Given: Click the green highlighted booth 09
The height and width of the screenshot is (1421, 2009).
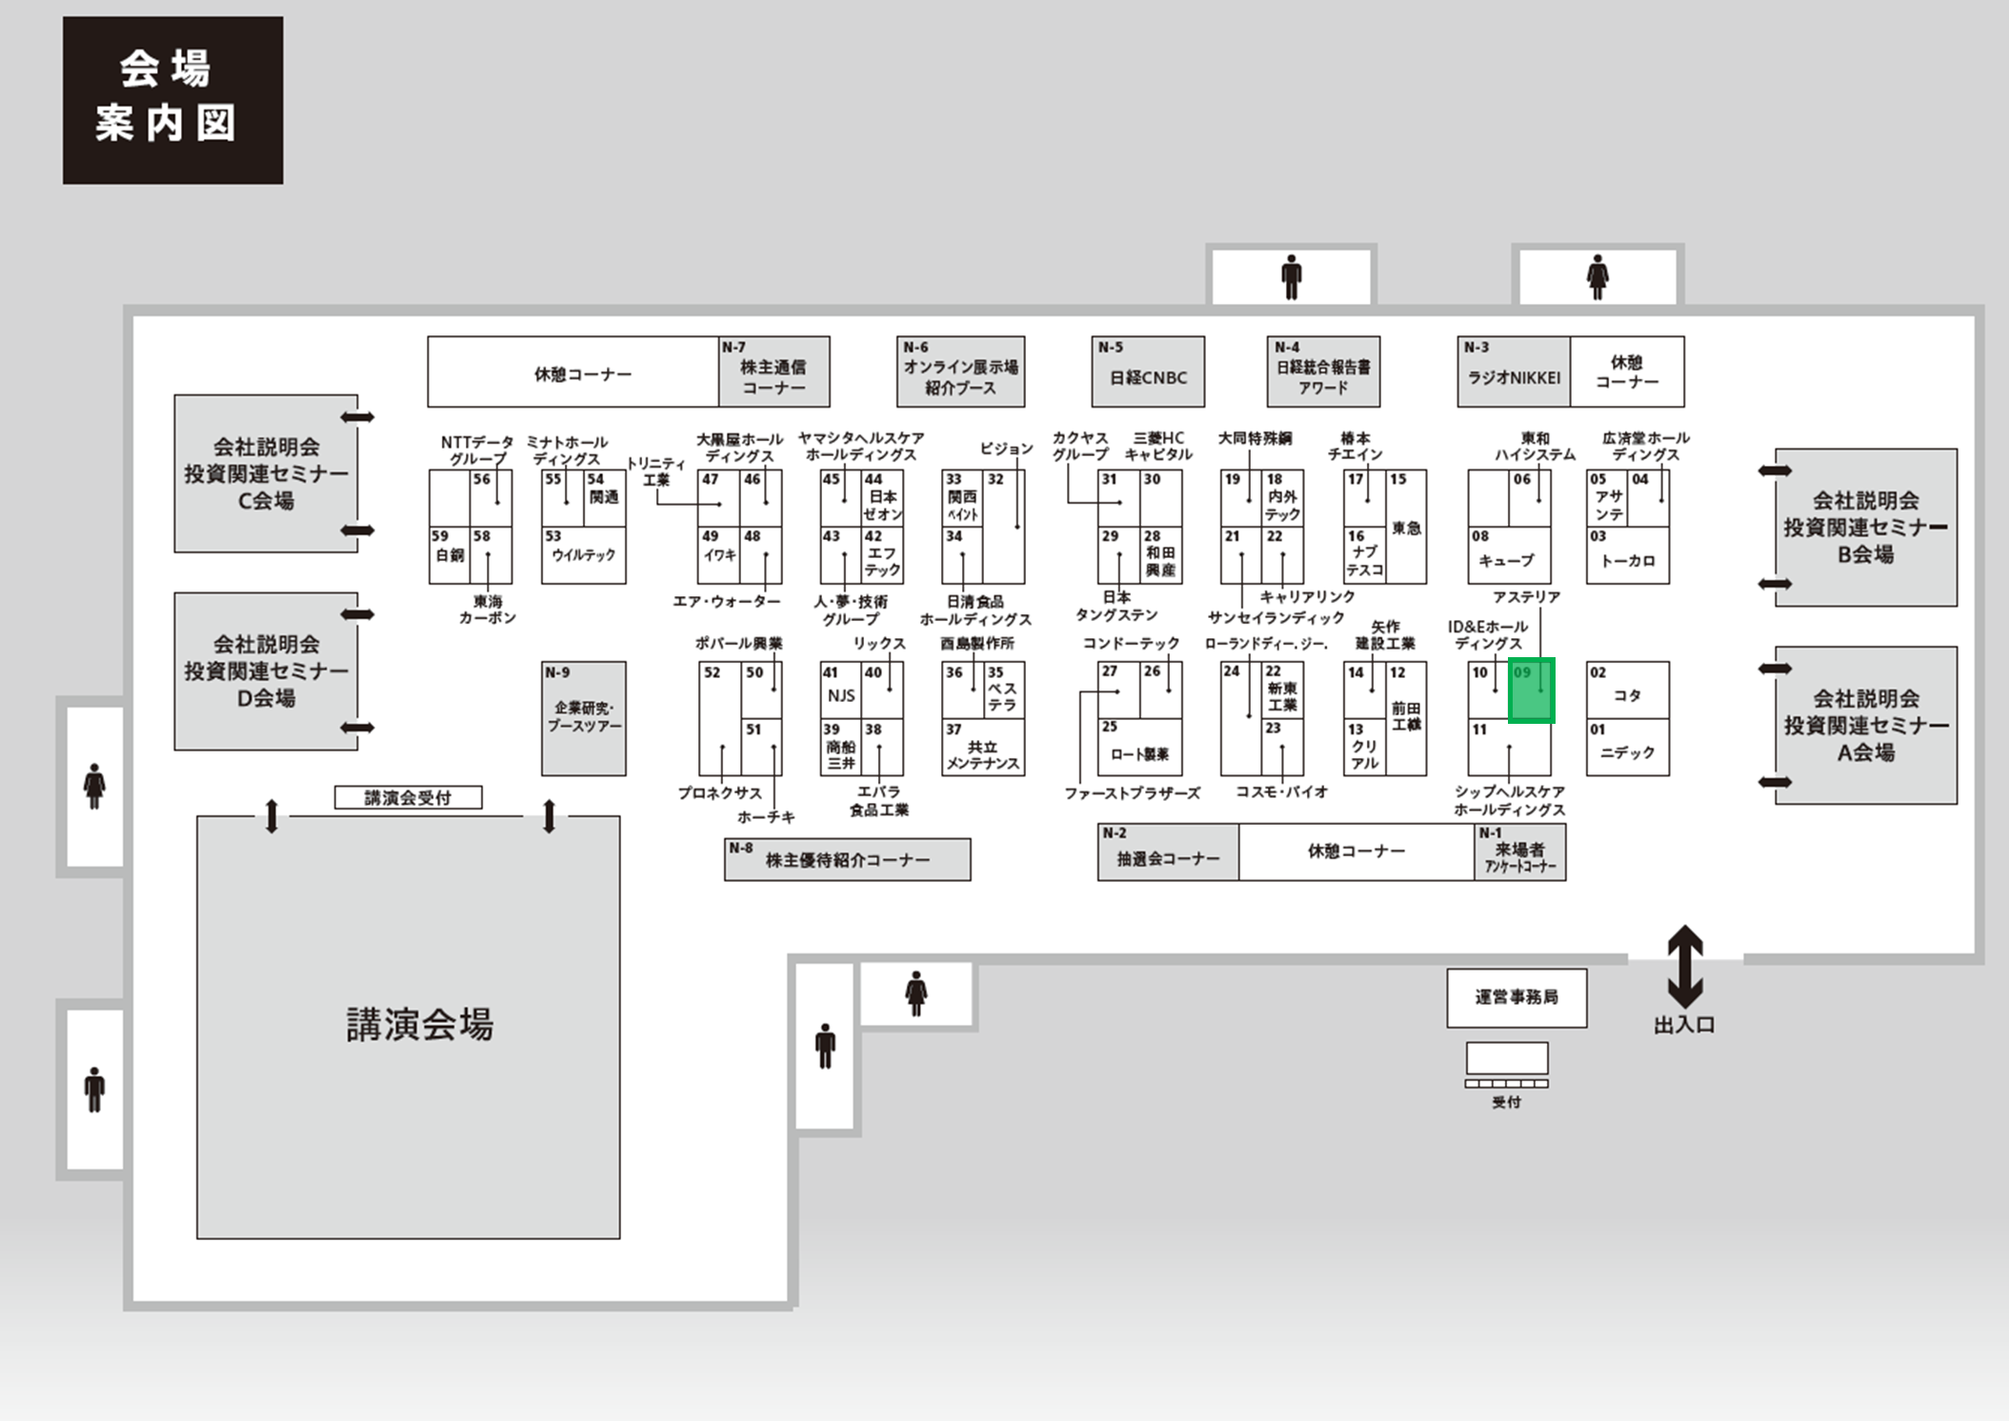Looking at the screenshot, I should pyautogui.click(x=1532, y=690).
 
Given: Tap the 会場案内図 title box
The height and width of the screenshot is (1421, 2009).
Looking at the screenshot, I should pyautogui.click(x=172, y=100).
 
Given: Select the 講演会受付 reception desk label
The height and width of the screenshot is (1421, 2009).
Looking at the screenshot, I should pyautogui.click(x=408, y=797).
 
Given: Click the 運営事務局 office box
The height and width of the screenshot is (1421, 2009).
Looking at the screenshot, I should pyautogui.click(x=1517, y=997).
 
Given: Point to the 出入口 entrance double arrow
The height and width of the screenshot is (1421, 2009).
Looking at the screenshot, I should pyautogui.click(x=1684, y=966).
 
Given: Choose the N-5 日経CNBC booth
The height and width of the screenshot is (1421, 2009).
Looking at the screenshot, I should pyautogui.click(x=1148, y=371).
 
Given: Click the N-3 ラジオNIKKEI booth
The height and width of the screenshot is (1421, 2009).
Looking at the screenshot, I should pyautogui.click(x=1513, y=371).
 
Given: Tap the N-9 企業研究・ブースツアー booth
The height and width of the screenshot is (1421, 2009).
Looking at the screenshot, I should pyautogui.click(x=584, y=718).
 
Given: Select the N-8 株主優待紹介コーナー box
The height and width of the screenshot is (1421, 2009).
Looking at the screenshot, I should pyautogui.click(x=847, y=859).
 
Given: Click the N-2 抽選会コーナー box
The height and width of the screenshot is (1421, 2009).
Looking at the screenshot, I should pyautogui.click(x=1168, y=852).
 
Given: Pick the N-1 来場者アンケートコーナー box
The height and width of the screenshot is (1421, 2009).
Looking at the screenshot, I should pyautogui.click(x=1519, y=852).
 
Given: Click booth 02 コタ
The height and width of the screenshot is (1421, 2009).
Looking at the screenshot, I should pyautogui.click(x=1627, y=690).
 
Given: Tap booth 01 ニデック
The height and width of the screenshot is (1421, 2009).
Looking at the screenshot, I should pyautogui.click(x=1627, y=748).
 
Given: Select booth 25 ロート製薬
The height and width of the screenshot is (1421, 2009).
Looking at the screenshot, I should pyautogui.click(x=1139, y=747).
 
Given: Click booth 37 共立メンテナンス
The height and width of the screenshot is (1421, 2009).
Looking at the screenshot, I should pyautogui.click(x=982, y=748).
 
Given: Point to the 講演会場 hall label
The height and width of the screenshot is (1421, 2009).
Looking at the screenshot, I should pyautogui.click(x=419, y=1025).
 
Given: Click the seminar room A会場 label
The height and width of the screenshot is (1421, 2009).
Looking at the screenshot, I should pyautogui.click(x=1865, y=726).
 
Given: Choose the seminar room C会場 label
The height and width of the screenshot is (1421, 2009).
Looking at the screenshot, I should pyautogui.click(x=266, y=473).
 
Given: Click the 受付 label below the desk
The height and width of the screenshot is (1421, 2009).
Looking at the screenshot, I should pyautogui.click(x=1506, y=1102).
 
